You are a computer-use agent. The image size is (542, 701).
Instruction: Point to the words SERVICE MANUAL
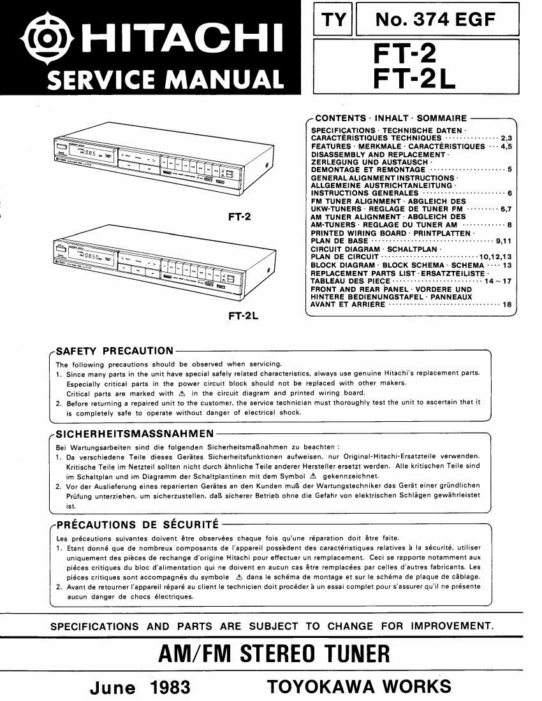pyautogui.click(x=165, y=80)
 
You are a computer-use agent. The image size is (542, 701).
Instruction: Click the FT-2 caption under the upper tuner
pyautogui.click(x=239, y=216)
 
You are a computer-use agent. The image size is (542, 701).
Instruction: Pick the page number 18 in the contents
pyautogui.click(x=507, y=305)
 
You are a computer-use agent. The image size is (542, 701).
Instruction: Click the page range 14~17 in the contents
pyautogui.click(x=498, y=281)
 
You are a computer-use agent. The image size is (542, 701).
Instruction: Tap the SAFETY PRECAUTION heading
pyautogui.click(x=115, y=350)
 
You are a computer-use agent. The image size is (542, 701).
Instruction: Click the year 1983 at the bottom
pyautogui.click(x=171, y=688)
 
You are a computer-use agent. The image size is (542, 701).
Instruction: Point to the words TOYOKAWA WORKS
pyautogui.click(x=359, y=686)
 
